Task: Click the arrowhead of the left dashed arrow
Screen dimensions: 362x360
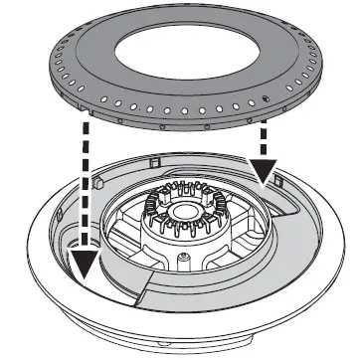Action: [x=87, y=260]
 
